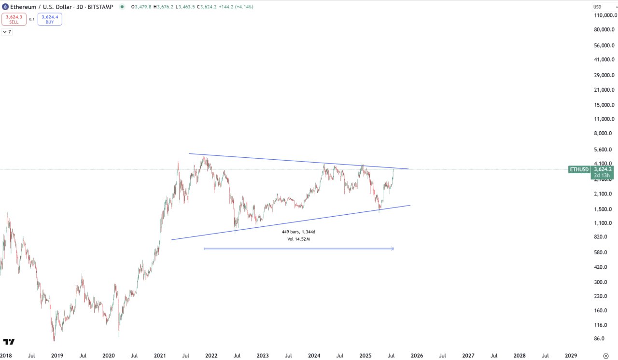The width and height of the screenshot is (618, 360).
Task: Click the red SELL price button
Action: tap(14, 19)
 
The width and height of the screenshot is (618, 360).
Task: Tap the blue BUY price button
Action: tap(50, 19)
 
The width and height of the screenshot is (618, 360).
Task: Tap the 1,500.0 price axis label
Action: tap(604, 209)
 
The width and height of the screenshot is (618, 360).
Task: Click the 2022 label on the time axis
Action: tap(211, 356)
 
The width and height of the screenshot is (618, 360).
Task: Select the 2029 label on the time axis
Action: tap(571, 356)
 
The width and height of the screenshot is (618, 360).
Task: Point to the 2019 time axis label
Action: tap(57, 356)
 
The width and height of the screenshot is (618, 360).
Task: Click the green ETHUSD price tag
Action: tap(579, 169)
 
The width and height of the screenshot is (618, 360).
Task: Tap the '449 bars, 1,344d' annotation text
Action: tap(298, 232)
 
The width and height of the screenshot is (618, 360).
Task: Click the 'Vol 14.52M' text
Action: tap(298, 239)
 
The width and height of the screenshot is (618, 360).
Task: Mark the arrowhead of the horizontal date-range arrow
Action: tap(392, 249)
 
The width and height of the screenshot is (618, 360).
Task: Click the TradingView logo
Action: tap(9, 342)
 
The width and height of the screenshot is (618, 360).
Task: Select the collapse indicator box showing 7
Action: tap(7, 32)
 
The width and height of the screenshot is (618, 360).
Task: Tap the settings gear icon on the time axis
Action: tap(606, 356)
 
